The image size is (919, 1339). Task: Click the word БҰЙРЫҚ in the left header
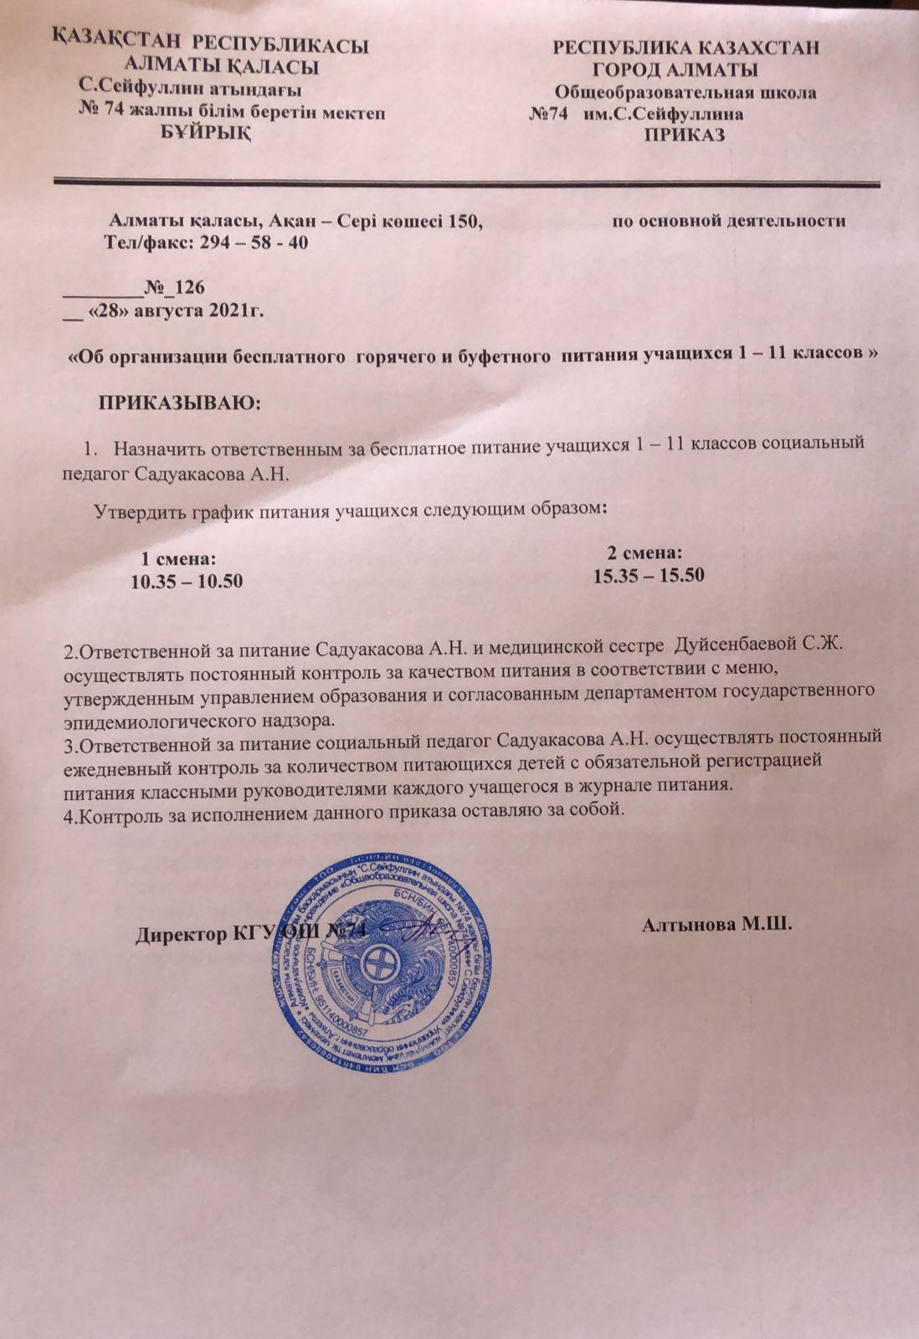click(205, 134)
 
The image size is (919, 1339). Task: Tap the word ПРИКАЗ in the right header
click(684, 135)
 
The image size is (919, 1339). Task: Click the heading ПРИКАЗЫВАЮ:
click(181, 404)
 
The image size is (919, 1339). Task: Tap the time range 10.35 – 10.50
click(187, 581)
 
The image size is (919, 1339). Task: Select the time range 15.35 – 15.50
click(649, 576)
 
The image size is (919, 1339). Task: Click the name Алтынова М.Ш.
click(717, 926)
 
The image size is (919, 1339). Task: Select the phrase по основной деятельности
click(728, 221)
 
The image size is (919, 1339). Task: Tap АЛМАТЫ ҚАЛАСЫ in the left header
click(221, 64)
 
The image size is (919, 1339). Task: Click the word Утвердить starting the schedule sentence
click(137, 510)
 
